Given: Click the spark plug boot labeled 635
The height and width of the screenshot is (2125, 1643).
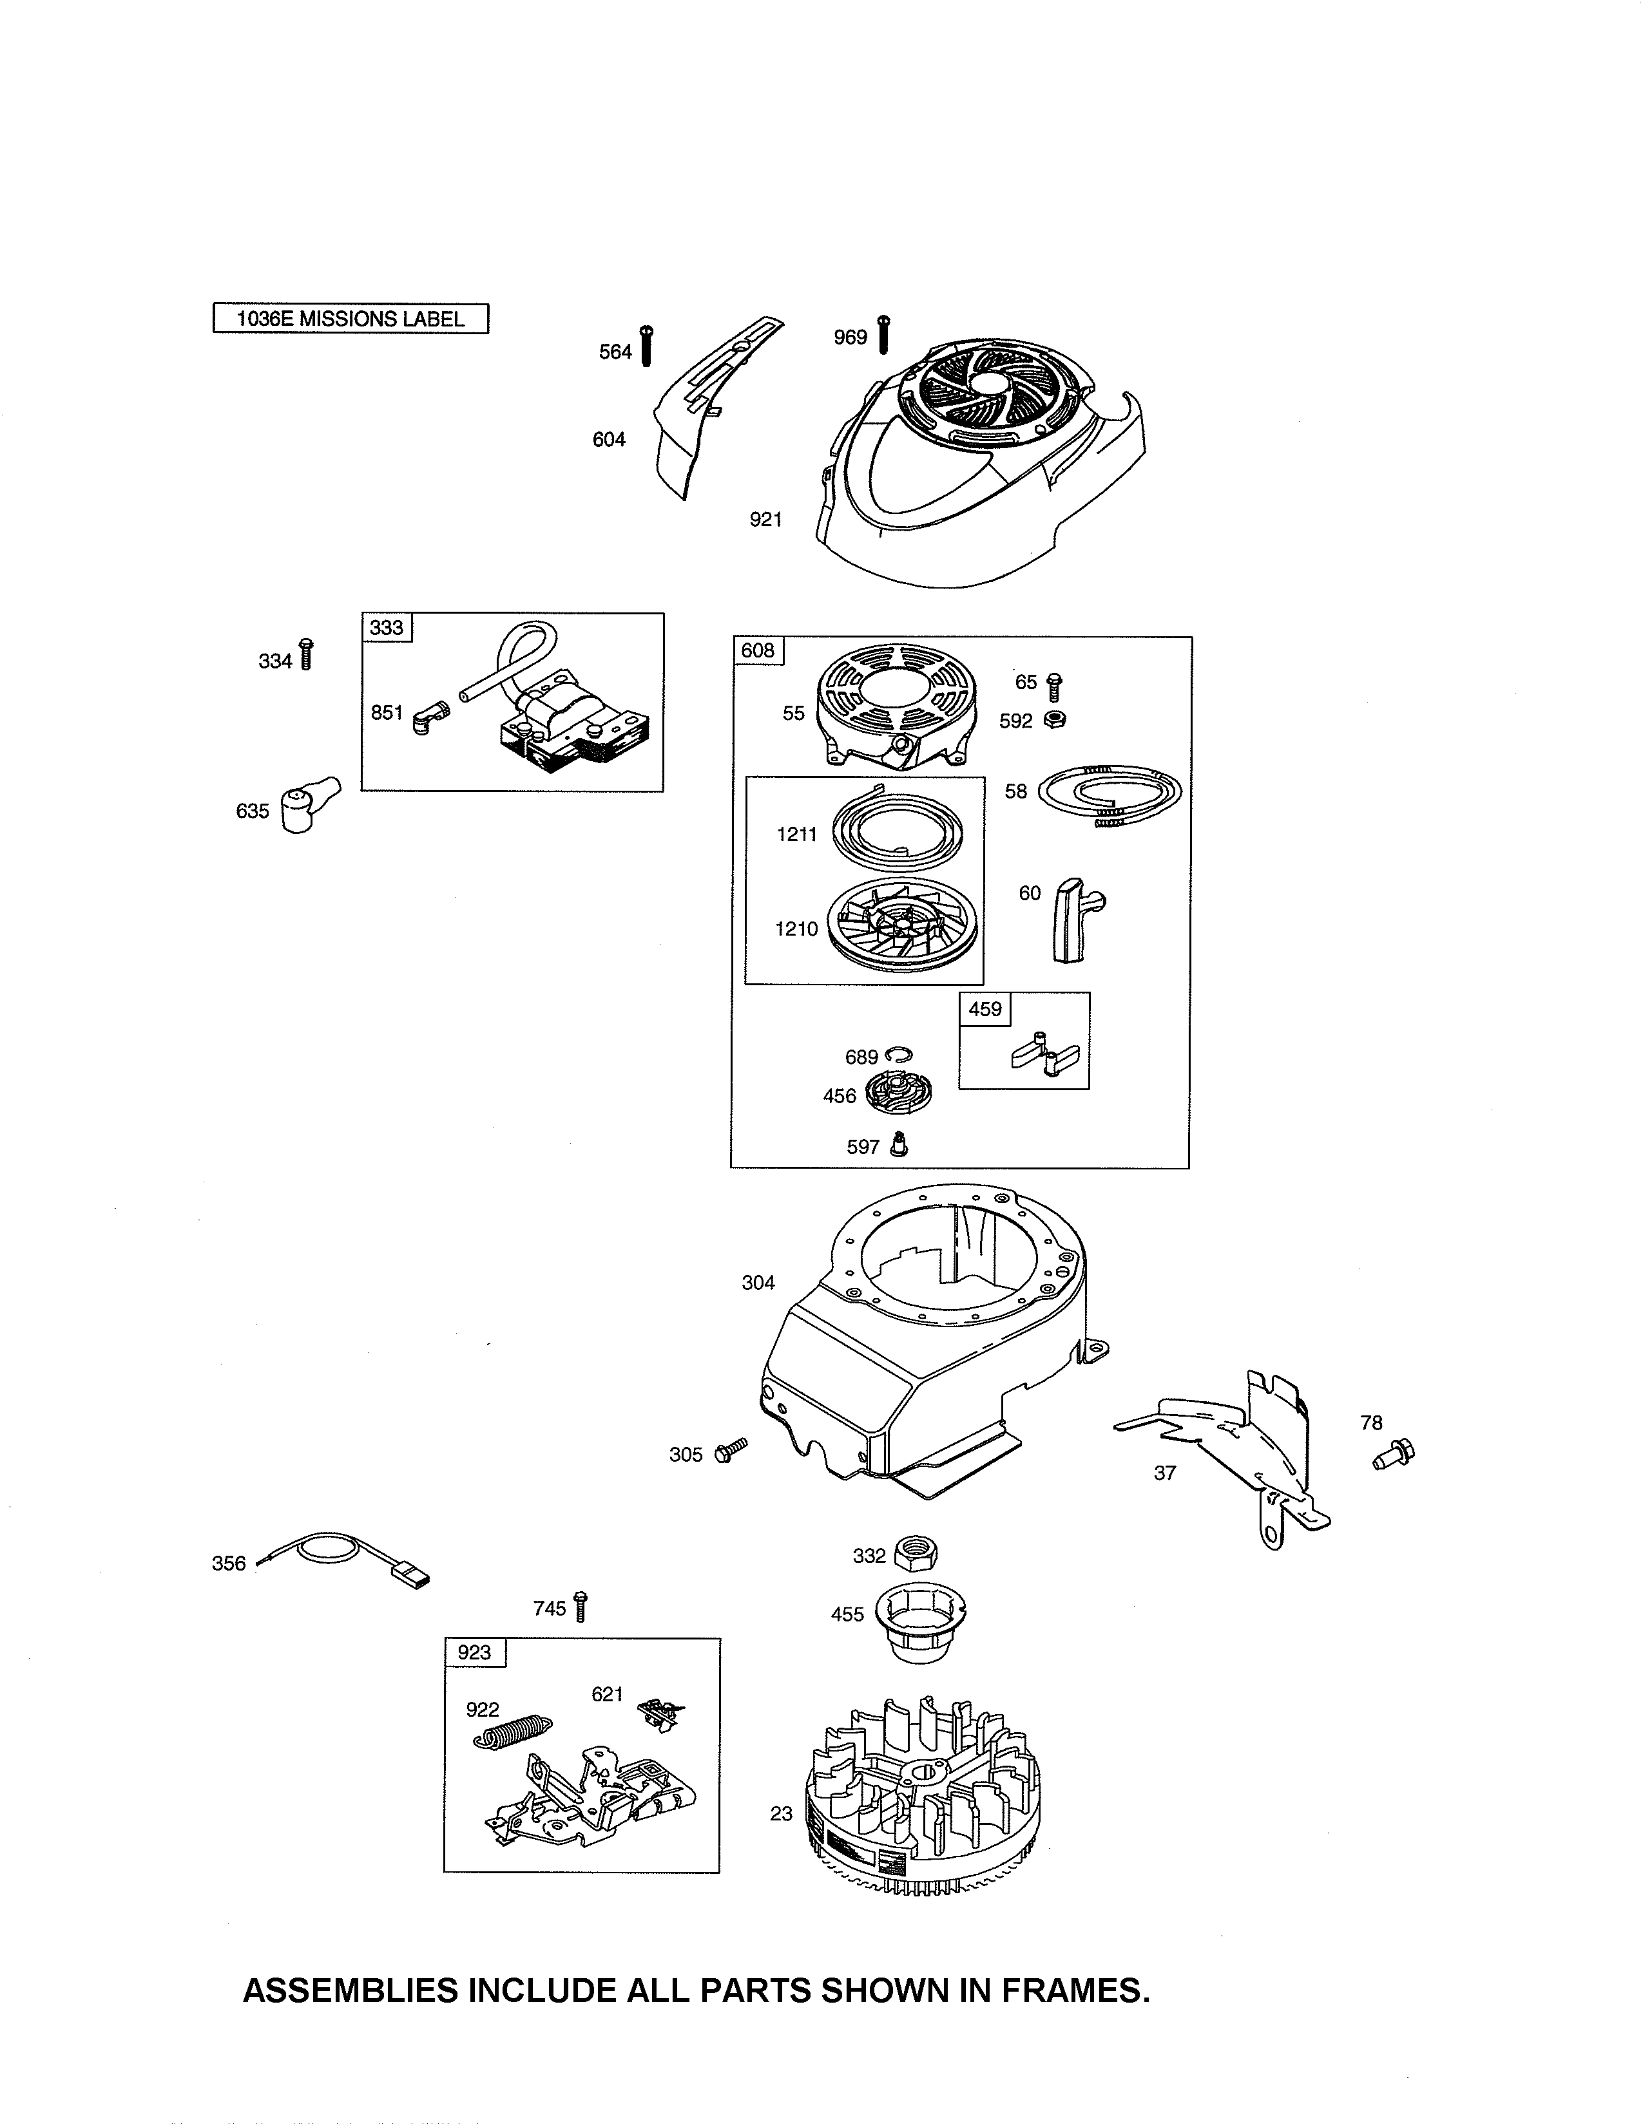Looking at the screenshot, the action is coord(309,804).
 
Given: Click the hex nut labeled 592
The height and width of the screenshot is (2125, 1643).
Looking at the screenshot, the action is coord(1053,719).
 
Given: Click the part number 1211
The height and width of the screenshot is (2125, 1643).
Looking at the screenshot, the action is coord(797,833).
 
